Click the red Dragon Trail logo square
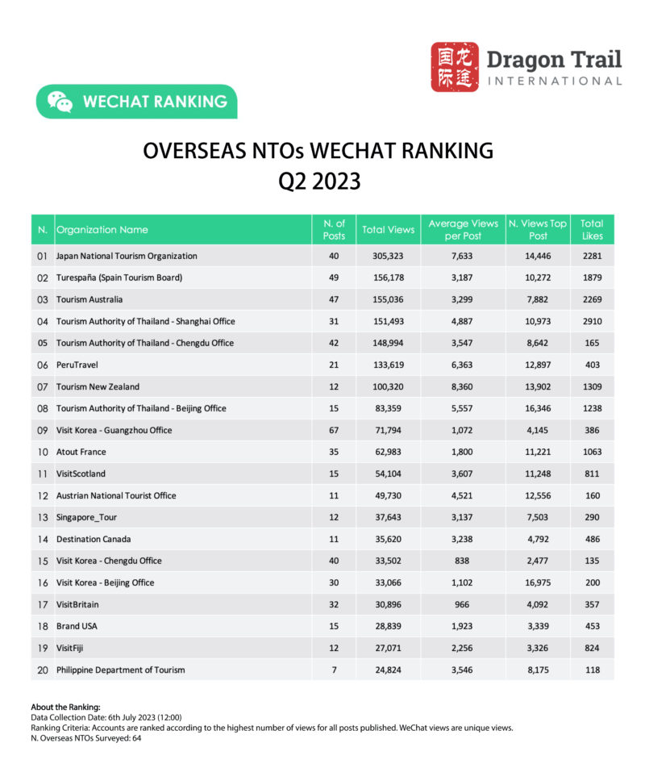coord(454,67)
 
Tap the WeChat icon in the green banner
coord(60,102)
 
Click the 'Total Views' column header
coord(388,230)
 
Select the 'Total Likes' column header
coord(592,230)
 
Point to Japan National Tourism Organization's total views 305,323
coord(388,257)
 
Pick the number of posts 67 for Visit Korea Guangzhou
coord(334,431)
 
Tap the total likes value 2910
coord(592,322)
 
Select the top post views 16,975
coord(537,583)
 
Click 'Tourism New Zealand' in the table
coord(98,387)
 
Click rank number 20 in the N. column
coord(42,670)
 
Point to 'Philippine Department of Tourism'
coord(120,670)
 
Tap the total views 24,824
coord(388,670)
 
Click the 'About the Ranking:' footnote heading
coord(65,707)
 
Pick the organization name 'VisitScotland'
coord(81,474)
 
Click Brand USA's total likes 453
coord(592,627)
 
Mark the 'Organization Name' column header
coord(102,230)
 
